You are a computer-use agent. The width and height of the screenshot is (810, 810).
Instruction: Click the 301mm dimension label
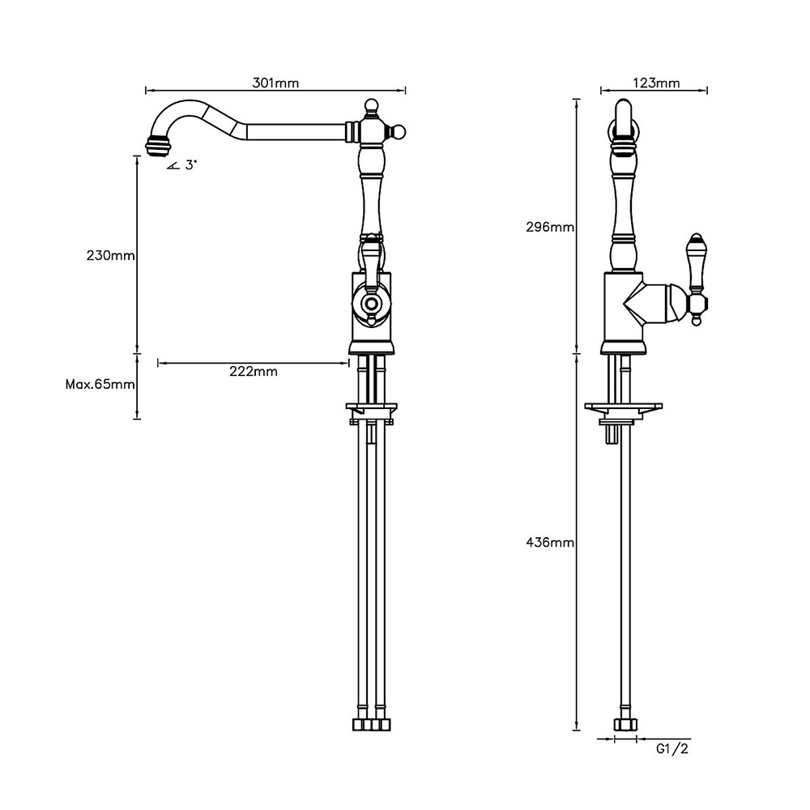tap(275, 83)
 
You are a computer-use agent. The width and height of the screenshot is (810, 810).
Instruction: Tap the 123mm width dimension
tap(655, 83)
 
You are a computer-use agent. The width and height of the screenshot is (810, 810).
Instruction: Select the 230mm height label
tap(111, 255)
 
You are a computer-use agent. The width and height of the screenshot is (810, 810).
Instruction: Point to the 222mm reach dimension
tap(254, 372)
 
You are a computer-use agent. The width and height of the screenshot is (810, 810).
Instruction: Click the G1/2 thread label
tap(672, 748)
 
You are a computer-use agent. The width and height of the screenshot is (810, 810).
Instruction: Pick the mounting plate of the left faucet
tap(372, 407)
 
